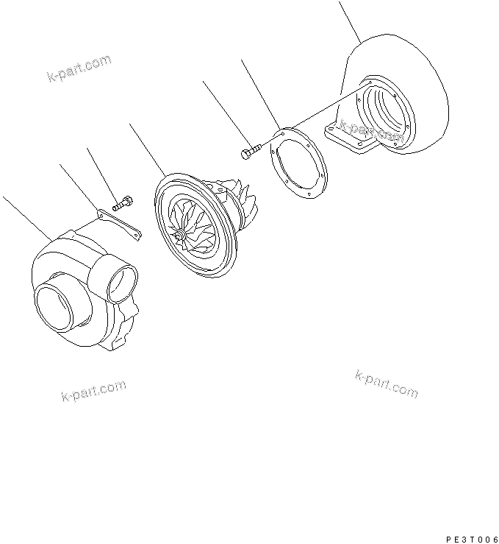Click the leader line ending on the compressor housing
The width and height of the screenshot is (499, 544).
pyautogui.click(x=26, y=216)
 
